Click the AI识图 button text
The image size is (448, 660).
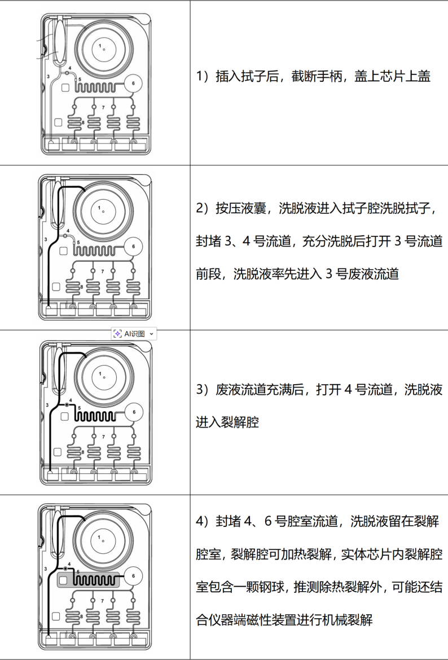click(134, 334)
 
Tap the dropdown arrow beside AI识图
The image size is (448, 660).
click(152, 334)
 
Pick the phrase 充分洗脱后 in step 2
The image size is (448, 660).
click(331, 241)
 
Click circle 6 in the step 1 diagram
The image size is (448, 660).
click(133, 83)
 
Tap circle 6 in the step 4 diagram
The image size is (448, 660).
click(134, 577)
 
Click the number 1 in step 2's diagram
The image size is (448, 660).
click(99, 208)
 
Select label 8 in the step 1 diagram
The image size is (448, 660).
click(83, 122)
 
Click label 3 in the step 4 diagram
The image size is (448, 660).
click(46, 569)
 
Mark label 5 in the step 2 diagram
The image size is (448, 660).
click(78, 243)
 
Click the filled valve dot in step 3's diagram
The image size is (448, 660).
click(67, 405)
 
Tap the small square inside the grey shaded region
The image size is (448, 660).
click(64, 580)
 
